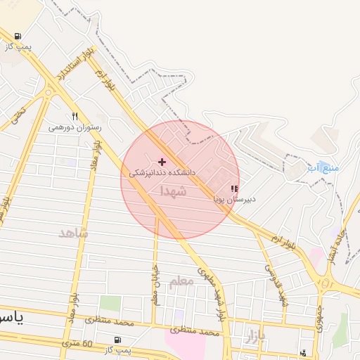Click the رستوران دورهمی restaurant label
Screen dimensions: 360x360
(x=75, y=128)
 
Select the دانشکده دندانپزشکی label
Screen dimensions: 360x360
(x=162, y=172)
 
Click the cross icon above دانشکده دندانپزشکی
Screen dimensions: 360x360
(x=162, y=162)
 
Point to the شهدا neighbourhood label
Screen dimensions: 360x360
(x=173, y=191)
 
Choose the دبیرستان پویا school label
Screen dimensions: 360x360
(x=234, y=199)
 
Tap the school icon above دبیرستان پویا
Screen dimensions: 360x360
(x=234, y=189)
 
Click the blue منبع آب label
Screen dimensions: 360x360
(x=324, y=168)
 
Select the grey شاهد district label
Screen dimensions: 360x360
(x=74, y=233)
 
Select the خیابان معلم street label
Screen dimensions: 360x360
(x=155, y=284)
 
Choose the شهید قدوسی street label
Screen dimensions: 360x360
(x=276, y=285)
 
